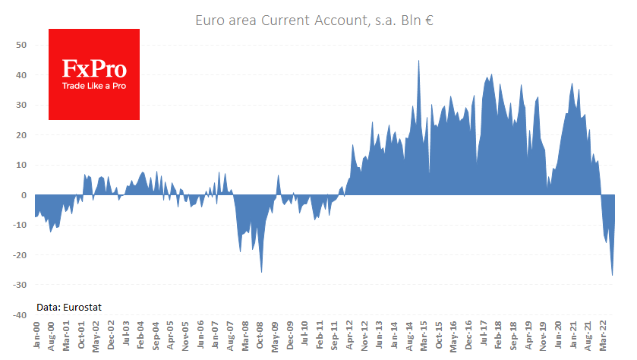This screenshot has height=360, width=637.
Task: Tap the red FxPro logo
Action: tap(94, 74)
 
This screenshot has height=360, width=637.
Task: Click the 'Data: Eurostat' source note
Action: tap(69, 307)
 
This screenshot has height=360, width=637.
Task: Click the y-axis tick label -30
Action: tap(19, 285)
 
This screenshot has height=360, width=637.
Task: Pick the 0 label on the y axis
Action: tap(24, 195)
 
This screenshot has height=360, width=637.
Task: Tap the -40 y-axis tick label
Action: tap(19, 314)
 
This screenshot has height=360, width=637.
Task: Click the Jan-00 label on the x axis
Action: tap(36, 335)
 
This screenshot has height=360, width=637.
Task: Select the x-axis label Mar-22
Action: tap(604, 335)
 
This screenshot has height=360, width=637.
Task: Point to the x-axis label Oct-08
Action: tap(259, 335)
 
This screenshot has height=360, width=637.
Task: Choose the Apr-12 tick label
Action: tap(349, 335)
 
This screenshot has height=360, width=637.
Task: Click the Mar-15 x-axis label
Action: tap(424, 335)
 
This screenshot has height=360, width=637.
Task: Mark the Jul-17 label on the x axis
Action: tap(484, 335)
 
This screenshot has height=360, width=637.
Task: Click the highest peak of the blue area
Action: tap(419, 62)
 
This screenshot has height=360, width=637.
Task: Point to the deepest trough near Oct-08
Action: tap(262, 271)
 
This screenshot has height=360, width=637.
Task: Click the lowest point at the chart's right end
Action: tap(612, 275)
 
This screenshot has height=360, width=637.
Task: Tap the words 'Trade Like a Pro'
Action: tap(94, 87)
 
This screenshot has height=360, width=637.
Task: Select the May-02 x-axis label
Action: tap(96, 335)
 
